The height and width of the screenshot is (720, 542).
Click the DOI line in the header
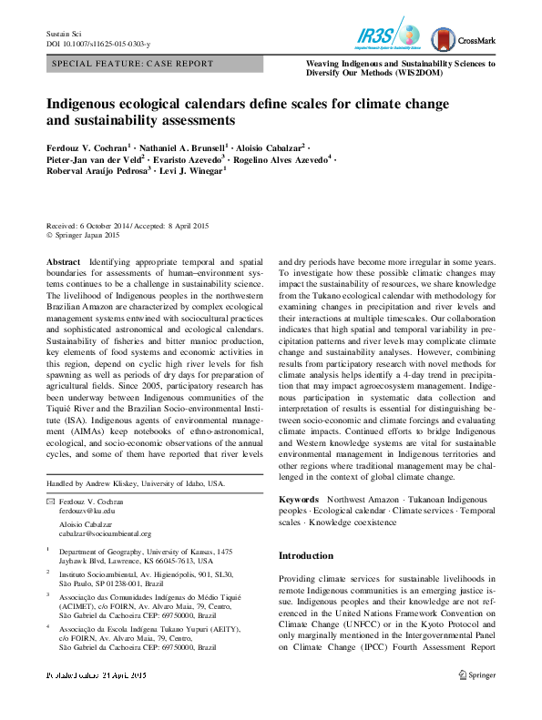tap(98, 44)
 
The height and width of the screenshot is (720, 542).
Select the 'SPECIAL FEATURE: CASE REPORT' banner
tap(133, 65)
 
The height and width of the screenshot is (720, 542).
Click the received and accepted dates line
tap(127, 226)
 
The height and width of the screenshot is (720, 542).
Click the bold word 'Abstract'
tap(63, 261)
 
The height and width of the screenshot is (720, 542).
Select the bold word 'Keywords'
tap(298, 500)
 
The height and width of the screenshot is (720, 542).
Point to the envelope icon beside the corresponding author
tap(50, 502)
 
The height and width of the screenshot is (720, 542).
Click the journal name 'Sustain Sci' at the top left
tap(63, 34)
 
